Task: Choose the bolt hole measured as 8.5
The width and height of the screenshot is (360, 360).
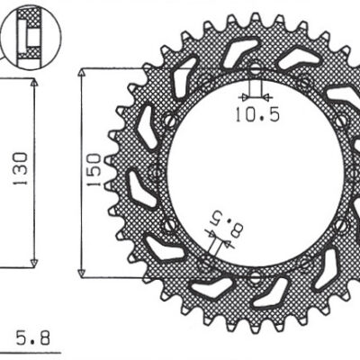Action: click(x=205, y=262)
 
